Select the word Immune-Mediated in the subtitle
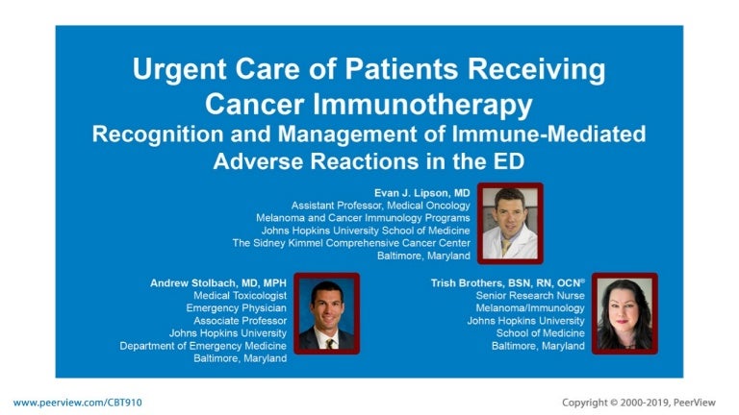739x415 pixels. point(549,134)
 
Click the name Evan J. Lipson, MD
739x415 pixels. point(421,193)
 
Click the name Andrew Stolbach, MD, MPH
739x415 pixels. point(218,283)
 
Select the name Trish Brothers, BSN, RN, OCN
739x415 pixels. point(507,282)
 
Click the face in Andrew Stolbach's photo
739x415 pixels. point(327,307)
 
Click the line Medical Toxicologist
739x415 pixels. point(240,296)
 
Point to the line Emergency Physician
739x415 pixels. point(236,308)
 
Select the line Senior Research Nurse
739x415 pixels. point(530,296)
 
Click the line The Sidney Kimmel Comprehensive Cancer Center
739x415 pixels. point(351,243)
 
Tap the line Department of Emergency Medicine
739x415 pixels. point(203,346)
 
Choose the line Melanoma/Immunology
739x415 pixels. point(530,308)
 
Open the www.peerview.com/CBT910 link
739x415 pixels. point(77,403)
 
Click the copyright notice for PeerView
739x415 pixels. point(639,403)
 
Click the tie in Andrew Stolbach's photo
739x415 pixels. point(330,343)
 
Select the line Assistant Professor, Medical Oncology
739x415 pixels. point(380,206)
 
